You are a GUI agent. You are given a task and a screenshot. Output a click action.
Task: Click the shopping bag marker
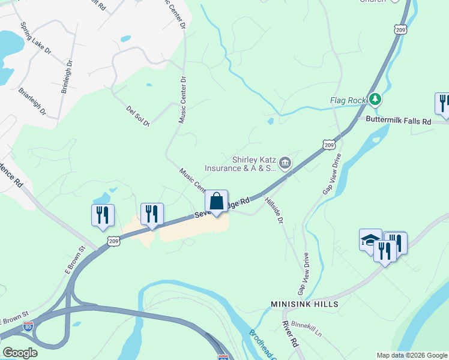pyautogui.click(x=217, y=202)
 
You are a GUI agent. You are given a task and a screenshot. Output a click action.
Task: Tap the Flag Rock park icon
pyautogui.click(x=375, y=98)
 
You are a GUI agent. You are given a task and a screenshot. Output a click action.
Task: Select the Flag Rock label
pyautogui.click(x=348, y=100)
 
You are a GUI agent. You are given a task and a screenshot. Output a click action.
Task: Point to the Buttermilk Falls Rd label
pyautogui.click(x=399, y=121)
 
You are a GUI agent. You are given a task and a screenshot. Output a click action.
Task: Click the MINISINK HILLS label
pyautogui.click(x=304, y=304)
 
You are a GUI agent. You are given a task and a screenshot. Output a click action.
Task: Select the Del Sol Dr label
pyautogui.click(x=137, y=116)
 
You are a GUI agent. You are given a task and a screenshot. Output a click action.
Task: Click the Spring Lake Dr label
pyautogui.click(x=35, y=40)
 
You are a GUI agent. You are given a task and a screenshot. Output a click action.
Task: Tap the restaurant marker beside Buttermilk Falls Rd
pyautogui.click(x=443, y=103)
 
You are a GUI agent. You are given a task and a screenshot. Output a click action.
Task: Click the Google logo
pyautogui.click(x=20, y=353)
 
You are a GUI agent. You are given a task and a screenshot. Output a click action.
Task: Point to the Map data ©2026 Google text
pyautogui.click(x=411, y=355)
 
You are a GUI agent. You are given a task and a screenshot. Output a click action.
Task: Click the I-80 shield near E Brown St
pyautogui.click(x=28, y=326)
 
